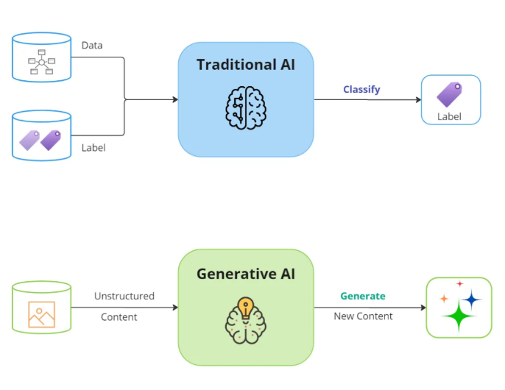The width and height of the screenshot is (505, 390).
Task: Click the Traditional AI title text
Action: pos(246,65)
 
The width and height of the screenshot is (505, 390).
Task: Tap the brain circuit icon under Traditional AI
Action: pos(246,108)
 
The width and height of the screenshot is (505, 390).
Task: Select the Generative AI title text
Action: pos(246,274)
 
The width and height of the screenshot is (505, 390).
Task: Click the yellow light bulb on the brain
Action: pos(246,308)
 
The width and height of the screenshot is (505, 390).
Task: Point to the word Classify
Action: pos(361,90)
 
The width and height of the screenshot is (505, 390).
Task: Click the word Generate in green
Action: pos(363,296)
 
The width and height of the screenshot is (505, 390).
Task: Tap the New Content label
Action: pos(363,316)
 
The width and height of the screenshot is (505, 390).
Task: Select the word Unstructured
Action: pos(124,296)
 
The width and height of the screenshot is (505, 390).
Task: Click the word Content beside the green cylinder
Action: pos(119,317)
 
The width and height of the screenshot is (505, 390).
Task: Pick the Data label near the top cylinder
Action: pos(92,46)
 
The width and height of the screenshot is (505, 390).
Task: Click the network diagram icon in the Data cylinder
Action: pos(41,62)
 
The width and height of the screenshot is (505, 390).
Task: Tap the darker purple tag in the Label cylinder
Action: pos(51,140)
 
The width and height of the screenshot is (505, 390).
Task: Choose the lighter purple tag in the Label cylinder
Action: pos(29,140)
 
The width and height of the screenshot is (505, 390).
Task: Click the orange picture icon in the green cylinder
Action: pos(41,314)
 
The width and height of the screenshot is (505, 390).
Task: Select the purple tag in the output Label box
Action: pos(449,94)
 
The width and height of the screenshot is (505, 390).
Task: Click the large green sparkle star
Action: pos(459,316)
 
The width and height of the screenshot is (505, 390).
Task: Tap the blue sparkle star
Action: pos(472,299)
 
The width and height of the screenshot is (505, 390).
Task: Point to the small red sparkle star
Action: pos(459,284)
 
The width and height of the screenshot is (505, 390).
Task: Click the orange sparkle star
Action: pos(444,299)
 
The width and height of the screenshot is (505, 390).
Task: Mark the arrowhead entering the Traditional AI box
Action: pos(175,99)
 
